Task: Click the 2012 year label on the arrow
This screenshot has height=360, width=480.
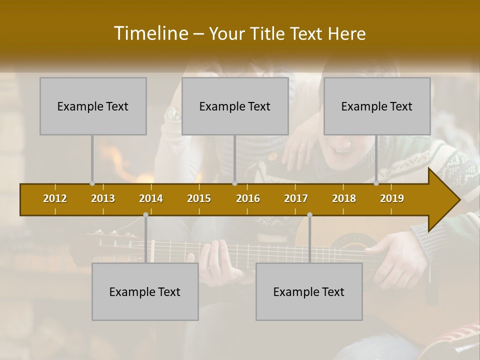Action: pyautogui.click(x=55, y=198)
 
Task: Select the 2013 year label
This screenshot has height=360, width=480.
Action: pyautogui.click(x=103, y=198)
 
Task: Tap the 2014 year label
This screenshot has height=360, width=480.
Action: pyautogui.click(x=151, y=198)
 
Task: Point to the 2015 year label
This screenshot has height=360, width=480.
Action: pyautogui.click(x=199, y=198)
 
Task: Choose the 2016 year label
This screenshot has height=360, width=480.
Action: pyautogui.click(x=248, y=198)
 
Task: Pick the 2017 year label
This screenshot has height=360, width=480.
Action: pyautogui.click(x=296, y=198)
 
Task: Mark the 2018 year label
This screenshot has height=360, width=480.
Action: pyautogui.click(x=344, y=198)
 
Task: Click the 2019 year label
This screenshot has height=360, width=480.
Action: pyautogui.click(x=392, y=198)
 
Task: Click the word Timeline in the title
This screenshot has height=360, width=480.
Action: pyautogui.click(x=150, y=33)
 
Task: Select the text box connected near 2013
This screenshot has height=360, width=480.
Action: pyautogui.click(x=93, y=106)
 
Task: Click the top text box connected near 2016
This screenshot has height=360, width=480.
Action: pyautogui.click(x=235, y=106)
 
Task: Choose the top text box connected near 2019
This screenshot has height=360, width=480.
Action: pyautogui.click(x=377, y=106)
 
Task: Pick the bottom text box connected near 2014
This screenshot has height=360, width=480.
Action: pyautogui.click(x=145, y=291)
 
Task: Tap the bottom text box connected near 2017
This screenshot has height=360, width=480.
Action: pyautogui.click(x=309, y=291)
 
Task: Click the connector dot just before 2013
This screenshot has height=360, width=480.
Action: pyautogui.click(x=92, y=183)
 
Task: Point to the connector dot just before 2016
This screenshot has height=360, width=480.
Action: pyautogui.click(x=234, y=183)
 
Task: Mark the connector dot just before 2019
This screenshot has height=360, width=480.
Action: pyautogui.click(x=376, y=183)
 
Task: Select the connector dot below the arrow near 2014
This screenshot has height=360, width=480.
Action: pyautogui.click(x=145, y=214)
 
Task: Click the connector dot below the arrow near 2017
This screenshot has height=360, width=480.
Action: pyautogui.click(x=309, y=214)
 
